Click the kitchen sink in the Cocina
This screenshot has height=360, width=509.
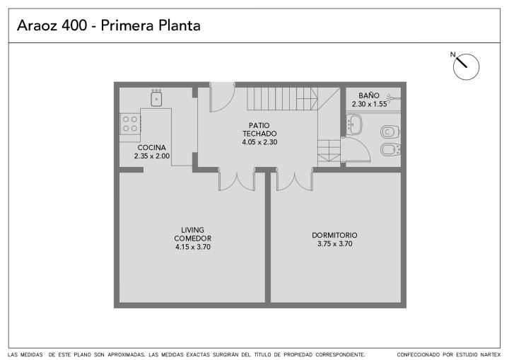tap(156, 98)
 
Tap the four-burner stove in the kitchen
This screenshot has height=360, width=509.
tap(130, 124)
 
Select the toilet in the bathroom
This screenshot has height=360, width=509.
tap(390, 132)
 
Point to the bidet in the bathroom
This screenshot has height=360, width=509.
tap(390, 150)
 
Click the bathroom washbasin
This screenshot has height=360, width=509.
tap(354, 124)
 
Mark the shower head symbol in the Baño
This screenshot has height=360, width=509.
tap(394, 97)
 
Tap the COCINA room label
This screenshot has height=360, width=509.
tap(151, 148)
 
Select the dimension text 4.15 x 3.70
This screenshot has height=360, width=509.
tap(193, 247)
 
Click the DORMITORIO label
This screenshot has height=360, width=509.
tap(334, 236)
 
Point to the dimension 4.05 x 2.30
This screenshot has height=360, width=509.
tap(259, 142)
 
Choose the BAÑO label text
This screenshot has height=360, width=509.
tap(369, 95)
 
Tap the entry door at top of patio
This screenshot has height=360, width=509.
tap(223, 98)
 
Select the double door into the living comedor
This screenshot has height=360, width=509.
tap(237, 180)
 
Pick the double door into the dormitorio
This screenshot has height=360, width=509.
tap(294, 180)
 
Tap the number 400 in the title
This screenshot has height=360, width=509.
tap(75, 25)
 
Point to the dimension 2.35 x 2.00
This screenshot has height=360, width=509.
tap(152, 156)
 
